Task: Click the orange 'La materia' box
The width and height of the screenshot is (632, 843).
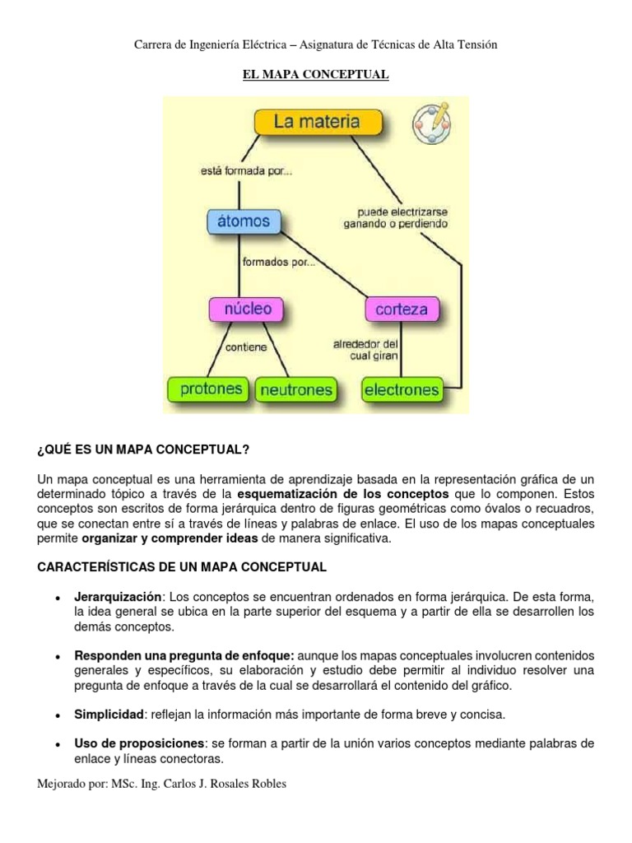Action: (x=317, y=123)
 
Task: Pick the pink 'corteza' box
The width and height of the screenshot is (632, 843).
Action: (x=401, y=310)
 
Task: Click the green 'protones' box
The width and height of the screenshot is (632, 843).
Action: (x=206, y=389)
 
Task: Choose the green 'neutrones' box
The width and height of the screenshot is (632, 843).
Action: (x=295, y=389)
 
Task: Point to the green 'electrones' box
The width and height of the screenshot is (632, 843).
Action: (x=402, y=389)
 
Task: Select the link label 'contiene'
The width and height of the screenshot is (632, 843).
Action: (x=246, y=347)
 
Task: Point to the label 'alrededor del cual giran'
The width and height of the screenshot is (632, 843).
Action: (x=365, y=350)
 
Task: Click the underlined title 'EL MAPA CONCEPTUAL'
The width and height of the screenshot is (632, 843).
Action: (x=315, y=75)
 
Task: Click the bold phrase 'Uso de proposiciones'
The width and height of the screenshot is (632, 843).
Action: (x=138, y=743)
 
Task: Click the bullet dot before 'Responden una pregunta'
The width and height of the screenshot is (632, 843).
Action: (x=57, y=657)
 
